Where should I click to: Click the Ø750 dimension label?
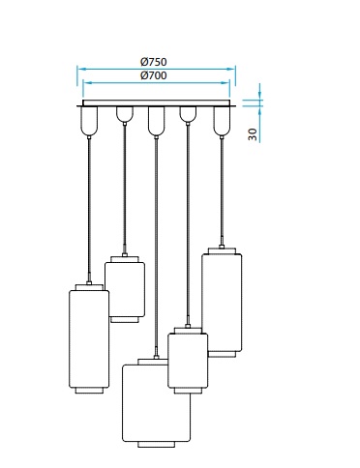(x=154, y=62)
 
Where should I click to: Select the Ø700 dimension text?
(x=154, y=75)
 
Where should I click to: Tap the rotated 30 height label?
(x=253, y=134)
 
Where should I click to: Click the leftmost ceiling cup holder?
(x=89, y=121)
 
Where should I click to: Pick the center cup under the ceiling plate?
(x=156, y=121)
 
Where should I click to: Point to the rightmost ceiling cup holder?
(x=222, y=121)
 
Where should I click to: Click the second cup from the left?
(x=125, y=114)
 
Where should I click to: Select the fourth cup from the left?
(x=188, y=114)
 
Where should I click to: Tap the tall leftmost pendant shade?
(x=89, y=338)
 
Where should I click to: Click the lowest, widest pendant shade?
(x=157, y=403)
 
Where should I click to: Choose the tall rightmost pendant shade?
(x=222, y=303)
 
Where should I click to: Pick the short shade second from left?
(x=125, y=289)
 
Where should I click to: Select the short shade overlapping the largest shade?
(x=188, y=361)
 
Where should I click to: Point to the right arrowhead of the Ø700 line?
(x=225, y=83)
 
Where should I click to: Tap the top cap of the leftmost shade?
(x=89, y=287)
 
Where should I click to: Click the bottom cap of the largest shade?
(x=157, y=445)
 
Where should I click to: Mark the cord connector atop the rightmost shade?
(x=222, y=247)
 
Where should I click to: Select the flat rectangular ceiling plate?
(x=157, y=103)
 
